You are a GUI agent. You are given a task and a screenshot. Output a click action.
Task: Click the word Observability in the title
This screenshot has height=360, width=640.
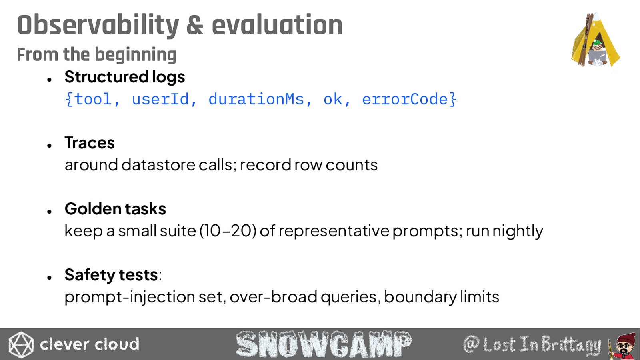point(98,26)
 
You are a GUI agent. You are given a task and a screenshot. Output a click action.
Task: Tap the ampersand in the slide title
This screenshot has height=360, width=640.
point(195,26)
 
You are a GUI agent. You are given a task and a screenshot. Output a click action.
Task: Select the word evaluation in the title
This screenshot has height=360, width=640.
point(277,25)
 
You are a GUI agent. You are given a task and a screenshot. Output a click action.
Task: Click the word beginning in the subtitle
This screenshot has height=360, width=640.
point(136,55)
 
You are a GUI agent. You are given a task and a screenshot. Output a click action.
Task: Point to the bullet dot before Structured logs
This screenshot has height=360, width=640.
point(50,80)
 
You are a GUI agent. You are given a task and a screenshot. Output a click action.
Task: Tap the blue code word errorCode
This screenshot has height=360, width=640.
point(405,100)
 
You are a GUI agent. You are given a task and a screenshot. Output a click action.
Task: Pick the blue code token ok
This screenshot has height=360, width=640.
point(333,100)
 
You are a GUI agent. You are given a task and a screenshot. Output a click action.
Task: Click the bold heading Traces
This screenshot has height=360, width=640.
point(90,142)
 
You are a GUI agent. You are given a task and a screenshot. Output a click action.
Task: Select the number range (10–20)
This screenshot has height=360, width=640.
point(228,231)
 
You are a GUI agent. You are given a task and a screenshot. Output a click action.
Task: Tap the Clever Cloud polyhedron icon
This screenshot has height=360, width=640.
point(21,344)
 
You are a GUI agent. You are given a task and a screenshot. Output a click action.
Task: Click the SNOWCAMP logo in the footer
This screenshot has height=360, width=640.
point(324,344)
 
